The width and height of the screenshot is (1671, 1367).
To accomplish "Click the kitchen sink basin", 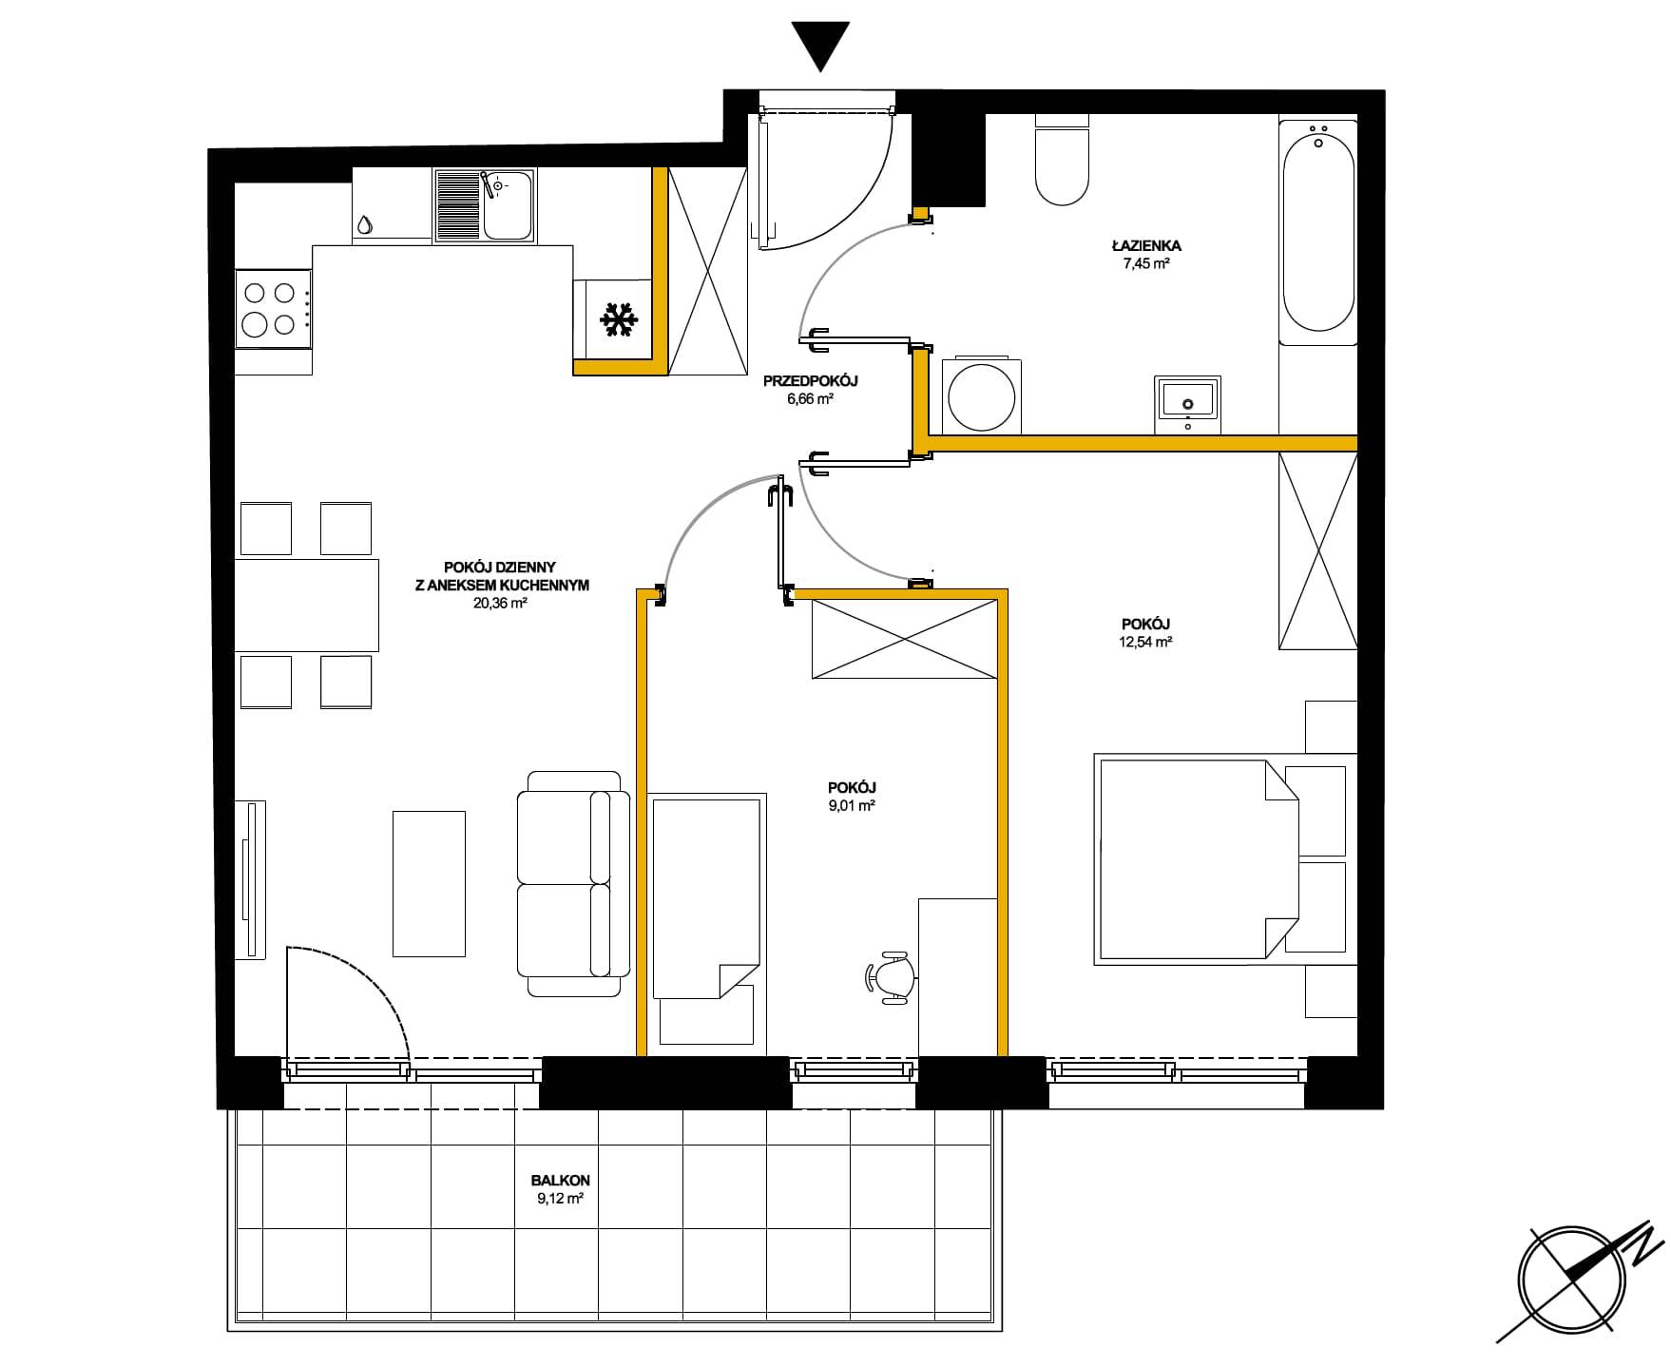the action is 508,204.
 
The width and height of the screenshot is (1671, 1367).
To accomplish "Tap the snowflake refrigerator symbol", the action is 618,319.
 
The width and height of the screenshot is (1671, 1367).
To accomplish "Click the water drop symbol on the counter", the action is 365,225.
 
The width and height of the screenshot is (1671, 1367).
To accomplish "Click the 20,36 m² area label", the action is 500,603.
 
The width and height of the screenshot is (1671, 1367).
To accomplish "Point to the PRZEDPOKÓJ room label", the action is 811,381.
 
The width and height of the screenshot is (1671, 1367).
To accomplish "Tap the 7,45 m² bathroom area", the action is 1145,264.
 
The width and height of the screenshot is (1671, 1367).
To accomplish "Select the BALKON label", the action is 560,1181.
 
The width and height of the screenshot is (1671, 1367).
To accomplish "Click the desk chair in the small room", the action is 890,976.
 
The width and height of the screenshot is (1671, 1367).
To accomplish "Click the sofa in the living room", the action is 573,884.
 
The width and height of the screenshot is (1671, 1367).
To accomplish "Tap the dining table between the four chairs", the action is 307,606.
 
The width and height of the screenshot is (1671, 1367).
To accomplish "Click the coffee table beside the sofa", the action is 430,883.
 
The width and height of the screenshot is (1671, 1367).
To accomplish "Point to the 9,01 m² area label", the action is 851,805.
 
